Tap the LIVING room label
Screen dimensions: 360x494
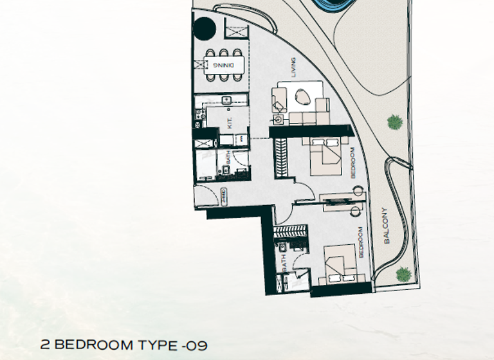point(293,69)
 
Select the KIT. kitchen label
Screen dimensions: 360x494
point(230,123)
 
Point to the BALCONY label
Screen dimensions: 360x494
point(386,225)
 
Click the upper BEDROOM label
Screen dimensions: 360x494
point(353,163)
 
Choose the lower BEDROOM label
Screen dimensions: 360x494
point(361,242)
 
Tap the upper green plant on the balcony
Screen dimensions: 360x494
point(394,121)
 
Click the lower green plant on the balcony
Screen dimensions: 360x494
point(403,274)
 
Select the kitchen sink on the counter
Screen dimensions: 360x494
point(226,100)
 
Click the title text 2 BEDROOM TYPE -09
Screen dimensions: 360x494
point(123,346)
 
